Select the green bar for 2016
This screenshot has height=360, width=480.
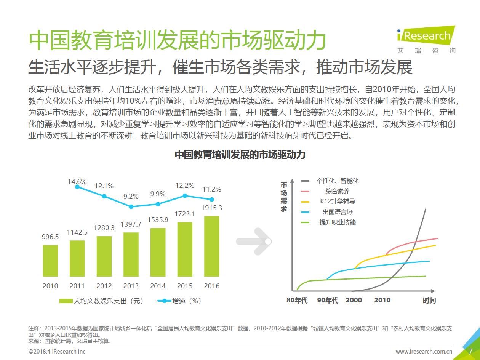[212, 246]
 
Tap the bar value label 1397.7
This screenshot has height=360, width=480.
[131, 225]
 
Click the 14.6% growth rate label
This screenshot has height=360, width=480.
[77, 182]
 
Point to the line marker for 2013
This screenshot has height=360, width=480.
[131, 206]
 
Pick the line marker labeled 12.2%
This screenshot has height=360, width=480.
[185, 195]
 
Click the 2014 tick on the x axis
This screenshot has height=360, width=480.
[158, 286]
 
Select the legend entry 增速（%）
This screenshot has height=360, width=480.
[179, 301]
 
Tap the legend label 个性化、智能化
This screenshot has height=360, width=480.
[338, 181]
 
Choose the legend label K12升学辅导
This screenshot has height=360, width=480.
[338, 202]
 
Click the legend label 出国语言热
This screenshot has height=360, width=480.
[338, 212]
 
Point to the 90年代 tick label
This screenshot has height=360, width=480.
[328, 300]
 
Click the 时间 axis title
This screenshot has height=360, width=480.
[429, 300]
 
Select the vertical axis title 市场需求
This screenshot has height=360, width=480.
[284, 197]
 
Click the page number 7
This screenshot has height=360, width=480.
[470, 351]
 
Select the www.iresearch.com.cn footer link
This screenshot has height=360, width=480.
[424, 352]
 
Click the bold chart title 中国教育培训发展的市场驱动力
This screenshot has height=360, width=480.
[240, 155]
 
